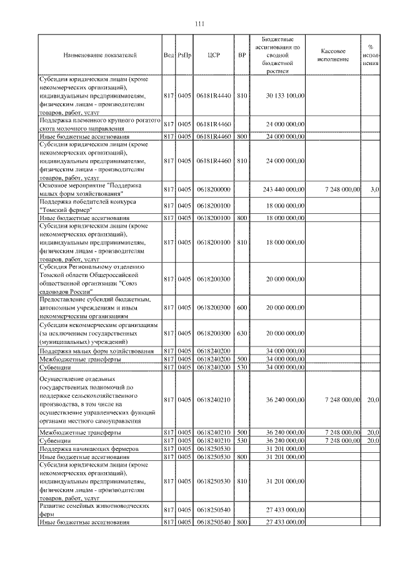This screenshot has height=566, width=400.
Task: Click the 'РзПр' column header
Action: [x=184, y=55]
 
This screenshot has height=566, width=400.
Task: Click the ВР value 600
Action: [x=242, y=307]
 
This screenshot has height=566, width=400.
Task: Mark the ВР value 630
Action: [x=242, y=333]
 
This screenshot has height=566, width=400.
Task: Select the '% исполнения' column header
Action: [x=371, y=55]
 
